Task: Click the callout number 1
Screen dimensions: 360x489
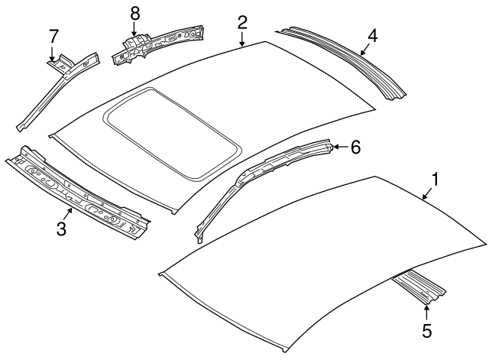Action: (x=436, y=180)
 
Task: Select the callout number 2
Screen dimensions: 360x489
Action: (x=241, y=21)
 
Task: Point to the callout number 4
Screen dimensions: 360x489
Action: (x=372, y=34)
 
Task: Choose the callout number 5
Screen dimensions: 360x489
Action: (x=426, y=330)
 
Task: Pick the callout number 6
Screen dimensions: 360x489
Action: (x=355, y=147)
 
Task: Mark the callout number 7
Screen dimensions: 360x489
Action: (x=53, y=35)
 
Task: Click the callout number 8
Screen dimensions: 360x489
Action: (x=134, y=13)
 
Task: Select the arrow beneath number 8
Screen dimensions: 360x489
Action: (x=134, y=31)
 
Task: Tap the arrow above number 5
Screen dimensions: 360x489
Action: (x=426, y=310)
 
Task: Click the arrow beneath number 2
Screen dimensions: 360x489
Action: (x=241, y=40)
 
